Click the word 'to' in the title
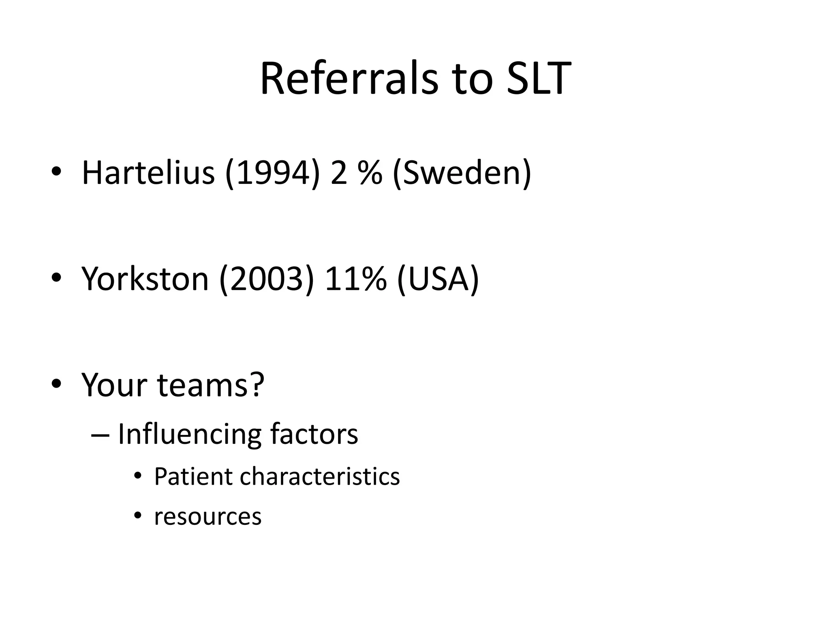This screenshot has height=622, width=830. tap(473, 79)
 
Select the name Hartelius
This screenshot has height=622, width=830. tap(148, 173)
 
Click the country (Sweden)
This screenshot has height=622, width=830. tap(462, 173)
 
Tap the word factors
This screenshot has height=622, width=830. tap(314, 434)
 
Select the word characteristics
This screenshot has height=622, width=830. tap(320, 476)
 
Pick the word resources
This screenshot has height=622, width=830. tap(207, 517)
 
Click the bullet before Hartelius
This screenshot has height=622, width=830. tap(56, 172)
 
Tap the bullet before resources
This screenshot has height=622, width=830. tap(138, 515)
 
